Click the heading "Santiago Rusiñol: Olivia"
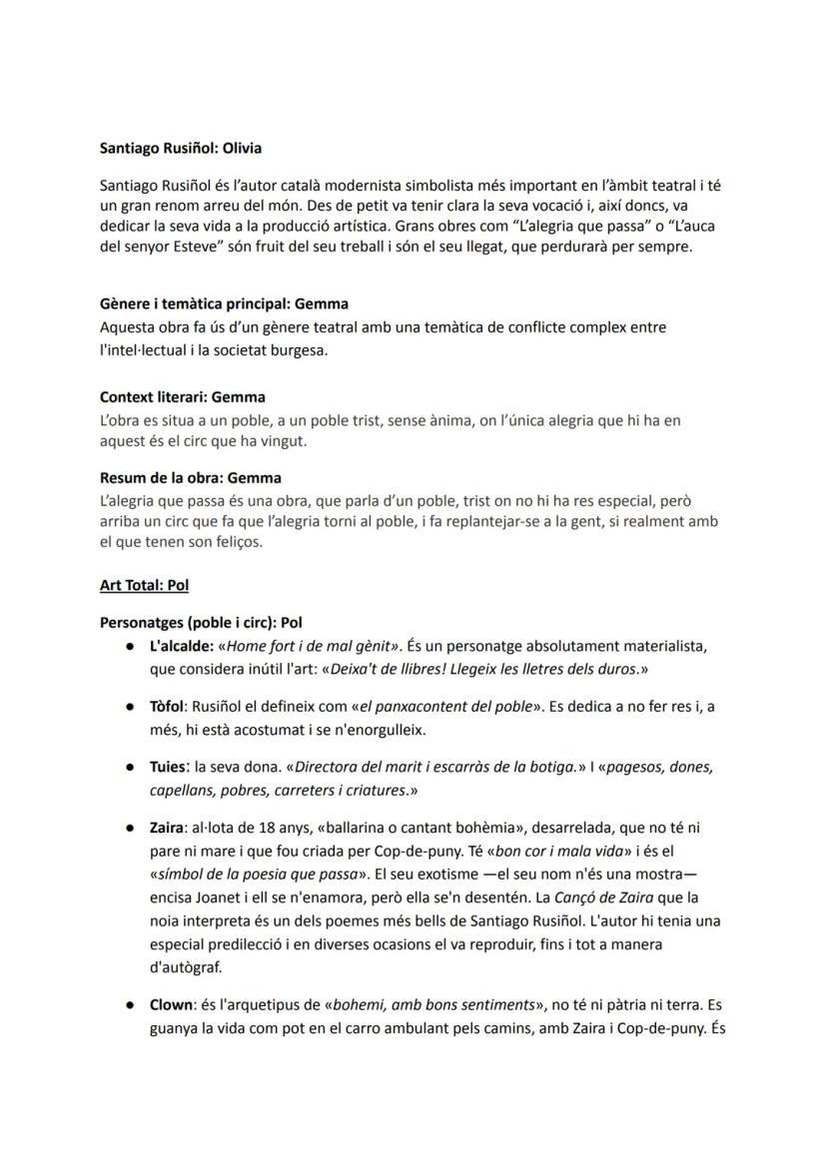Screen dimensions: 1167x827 180,148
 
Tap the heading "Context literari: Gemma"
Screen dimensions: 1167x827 183,397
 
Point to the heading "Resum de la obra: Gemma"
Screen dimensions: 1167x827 190,478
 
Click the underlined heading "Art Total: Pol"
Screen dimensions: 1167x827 144,585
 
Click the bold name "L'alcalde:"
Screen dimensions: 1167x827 182,646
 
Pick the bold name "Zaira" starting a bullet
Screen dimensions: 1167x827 168,828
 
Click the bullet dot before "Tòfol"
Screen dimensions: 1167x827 130,707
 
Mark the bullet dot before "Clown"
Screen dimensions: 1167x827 130,1005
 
